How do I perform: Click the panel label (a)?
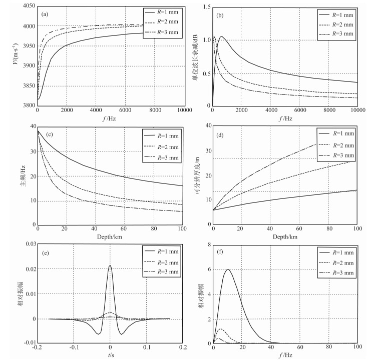[45, 13]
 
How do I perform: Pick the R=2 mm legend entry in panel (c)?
[161, 146]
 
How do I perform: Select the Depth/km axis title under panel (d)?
[285, 235]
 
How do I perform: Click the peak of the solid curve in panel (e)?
[110, 265]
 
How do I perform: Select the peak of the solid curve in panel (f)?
[228, 269]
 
